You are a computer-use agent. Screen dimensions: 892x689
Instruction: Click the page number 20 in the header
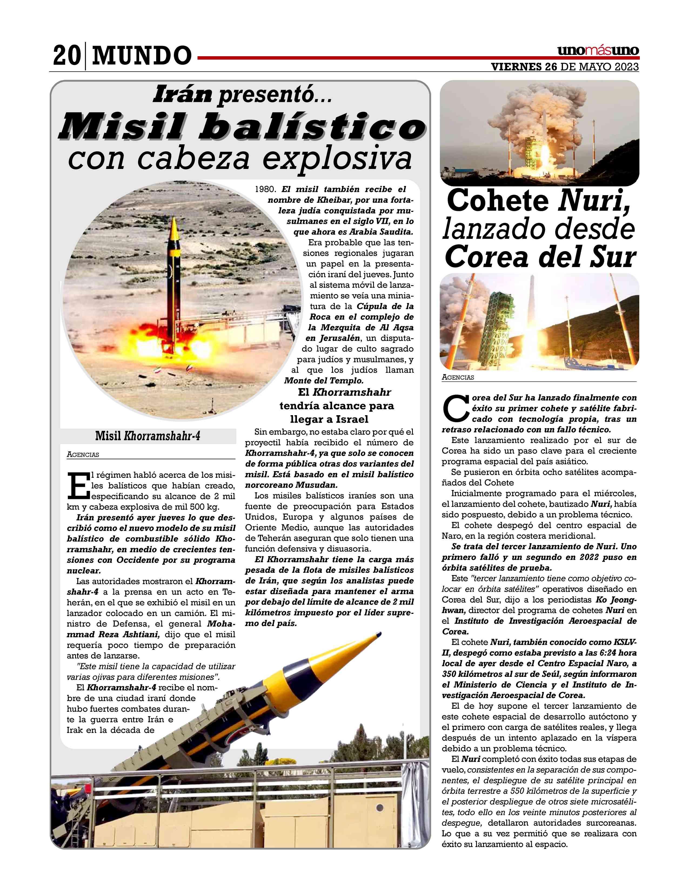point(66,55)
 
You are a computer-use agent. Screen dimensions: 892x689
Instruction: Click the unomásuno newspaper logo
point(598,51)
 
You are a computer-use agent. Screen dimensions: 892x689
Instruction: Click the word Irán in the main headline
point(182,95)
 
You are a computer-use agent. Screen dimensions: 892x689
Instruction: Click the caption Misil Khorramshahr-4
point(148,436)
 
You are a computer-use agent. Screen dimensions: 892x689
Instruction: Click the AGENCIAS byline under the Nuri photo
point(457,377)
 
